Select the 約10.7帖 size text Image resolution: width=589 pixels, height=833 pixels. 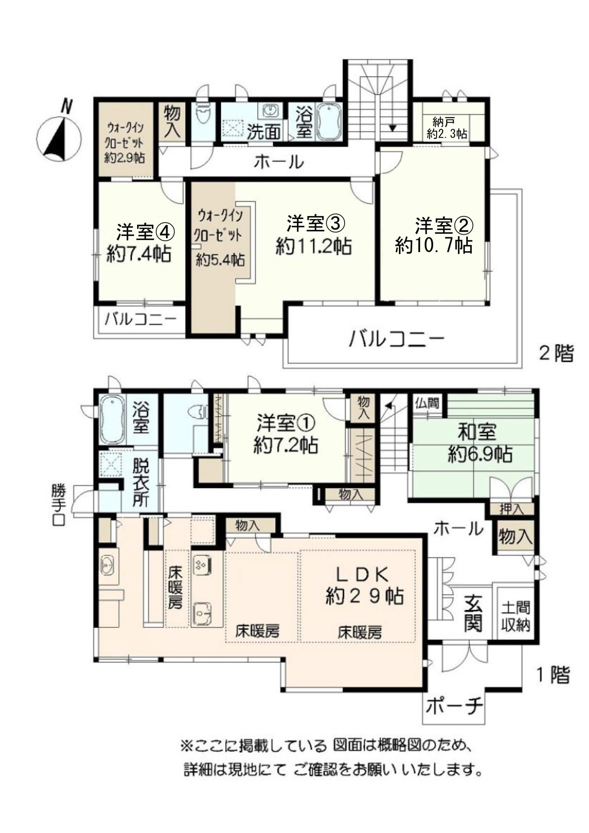[433, 246]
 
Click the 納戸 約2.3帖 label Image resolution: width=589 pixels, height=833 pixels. [446, 128]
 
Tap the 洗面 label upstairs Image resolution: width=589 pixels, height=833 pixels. [263, 132]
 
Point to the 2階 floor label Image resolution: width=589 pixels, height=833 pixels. [556, 354]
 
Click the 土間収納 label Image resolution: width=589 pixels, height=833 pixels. [515, 616]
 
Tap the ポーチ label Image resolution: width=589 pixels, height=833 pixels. [454, 707]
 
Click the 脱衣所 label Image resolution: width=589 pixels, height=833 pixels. [141, 483]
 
